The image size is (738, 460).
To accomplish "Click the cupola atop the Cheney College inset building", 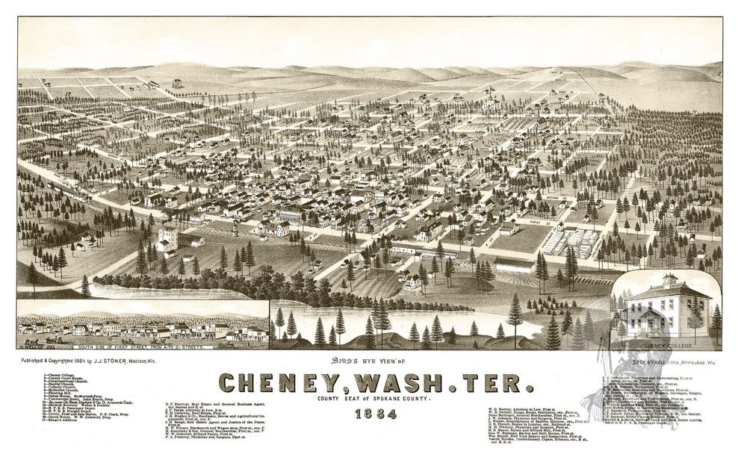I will tap(667, 280).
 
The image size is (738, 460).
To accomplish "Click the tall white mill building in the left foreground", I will tap(168, 240).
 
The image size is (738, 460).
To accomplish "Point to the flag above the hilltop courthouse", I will tap(491, 90).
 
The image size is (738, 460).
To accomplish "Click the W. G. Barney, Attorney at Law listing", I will tap(523, 409).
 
